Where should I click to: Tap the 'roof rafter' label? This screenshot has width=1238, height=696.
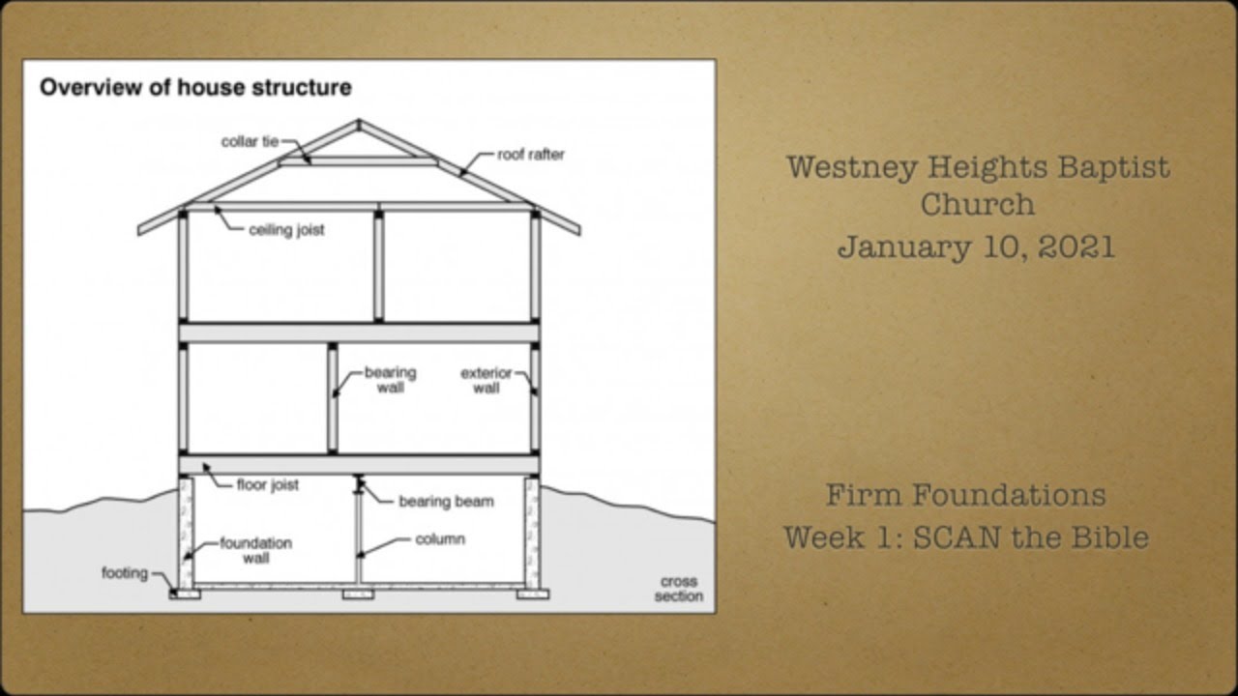[x=531, y=154]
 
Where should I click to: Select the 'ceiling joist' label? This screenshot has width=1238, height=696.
[x=286, y=230]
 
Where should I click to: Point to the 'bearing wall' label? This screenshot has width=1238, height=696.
[x=390, y=379]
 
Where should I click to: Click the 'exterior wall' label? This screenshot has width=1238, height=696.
[x=486, y=380]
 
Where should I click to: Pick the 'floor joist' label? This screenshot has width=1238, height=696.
[x=268, y=484]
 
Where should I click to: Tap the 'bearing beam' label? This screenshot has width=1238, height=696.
[x=446, y=501]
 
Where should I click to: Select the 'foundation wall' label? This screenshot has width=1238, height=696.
[x=255, y=550]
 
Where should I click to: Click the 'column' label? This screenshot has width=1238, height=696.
[x=440, y=538]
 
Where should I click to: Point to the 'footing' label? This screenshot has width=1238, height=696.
[x=125, y=572]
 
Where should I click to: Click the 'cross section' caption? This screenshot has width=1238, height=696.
[x=678, y=589]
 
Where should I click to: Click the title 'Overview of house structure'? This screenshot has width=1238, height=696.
[x=194, y=88]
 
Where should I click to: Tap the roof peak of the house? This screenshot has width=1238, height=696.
[x=358, y=123]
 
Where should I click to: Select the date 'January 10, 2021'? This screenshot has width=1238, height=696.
[x=976, y=246]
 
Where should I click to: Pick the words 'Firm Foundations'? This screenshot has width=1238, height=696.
[x=965, y=495]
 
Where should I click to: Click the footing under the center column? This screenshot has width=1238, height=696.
[x=358, y=594]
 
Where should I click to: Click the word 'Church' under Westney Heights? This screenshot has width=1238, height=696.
[x=977, y=205]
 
